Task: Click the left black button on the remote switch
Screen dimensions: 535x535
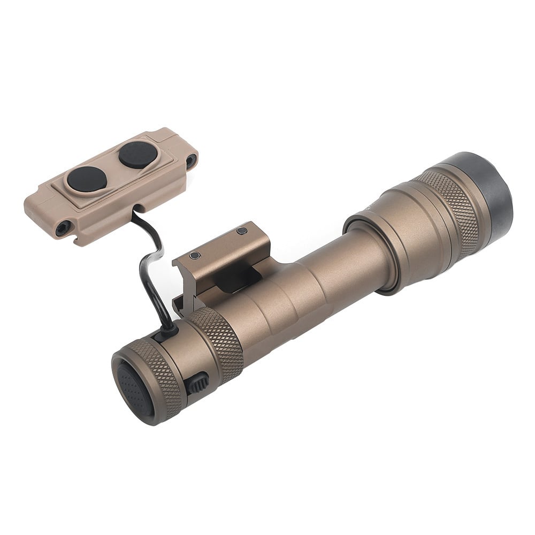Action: (87, 179)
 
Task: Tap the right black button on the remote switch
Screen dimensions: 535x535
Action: (138, 155)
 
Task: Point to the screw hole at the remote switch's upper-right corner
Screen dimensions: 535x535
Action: (191, 160)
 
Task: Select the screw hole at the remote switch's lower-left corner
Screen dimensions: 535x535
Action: (63, 228)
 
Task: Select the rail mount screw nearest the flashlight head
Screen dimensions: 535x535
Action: (242, 231)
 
